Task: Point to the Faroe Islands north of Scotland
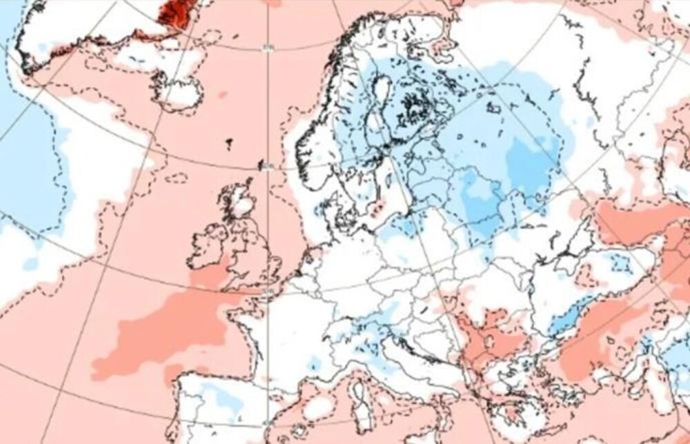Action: (228, 143)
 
